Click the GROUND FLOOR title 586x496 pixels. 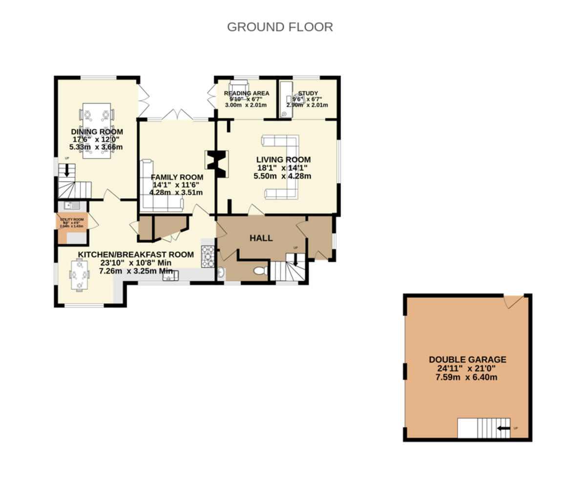(x=280, y=27)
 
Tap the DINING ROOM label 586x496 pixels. (x=97, y=132)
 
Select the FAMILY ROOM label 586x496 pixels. (x=177, y=177)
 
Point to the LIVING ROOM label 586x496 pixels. (x=283, y=160)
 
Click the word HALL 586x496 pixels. (x=261, y=238)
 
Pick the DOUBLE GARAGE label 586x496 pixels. (x=467, y=360)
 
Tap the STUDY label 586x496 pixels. (x=308, y=93)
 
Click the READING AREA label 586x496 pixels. (x=246, y=93)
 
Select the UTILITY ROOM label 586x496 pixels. (x=72, y=220)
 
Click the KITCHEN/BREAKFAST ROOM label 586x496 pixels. (x=136, y=255)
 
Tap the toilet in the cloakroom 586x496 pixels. (x=260, y=270)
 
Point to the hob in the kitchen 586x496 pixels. (x=208, y=257)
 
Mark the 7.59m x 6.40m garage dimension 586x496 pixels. (x=467, y=377)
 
